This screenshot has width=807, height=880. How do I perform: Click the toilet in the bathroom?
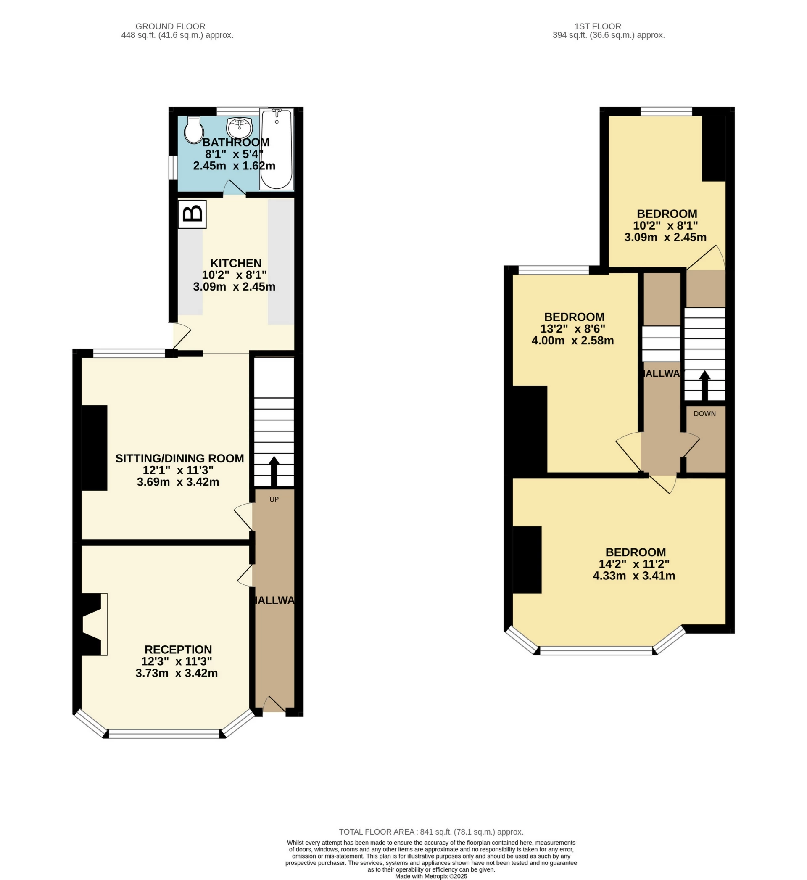(x=193, y=129)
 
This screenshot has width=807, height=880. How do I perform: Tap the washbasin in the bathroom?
(x=239, y=127)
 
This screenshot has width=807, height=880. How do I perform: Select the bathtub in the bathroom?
(x=277, y=149)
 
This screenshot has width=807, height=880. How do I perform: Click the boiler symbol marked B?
(x=192, y=214)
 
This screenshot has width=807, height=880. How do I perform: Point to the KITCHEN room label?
(x=236, y=263)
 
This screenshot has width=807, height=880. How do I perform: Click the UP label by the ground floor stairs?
(x=274, y=499)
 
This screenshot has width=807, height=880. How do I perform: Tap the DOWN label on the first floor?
(x=704, y=414)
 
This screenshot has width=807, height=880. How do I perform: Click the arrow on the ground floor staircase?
(x=274, y=471)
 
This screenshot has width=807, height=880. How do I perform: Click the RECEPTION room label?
(x=178, y=650)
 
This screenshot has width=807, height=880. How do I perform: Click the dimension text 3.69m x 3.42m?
(x=178, y=482)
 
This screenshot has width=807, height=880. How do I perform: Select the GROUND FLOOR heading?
(x=170, y=26)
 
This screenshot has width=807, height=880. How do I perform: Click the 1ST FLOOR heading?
(x=598, y=26)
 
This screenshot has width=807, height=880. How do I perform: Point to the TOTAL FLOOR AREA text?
(x=430, y=832)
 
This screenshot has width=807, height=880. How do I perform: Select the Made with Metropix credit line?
(x=430, y=876)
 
